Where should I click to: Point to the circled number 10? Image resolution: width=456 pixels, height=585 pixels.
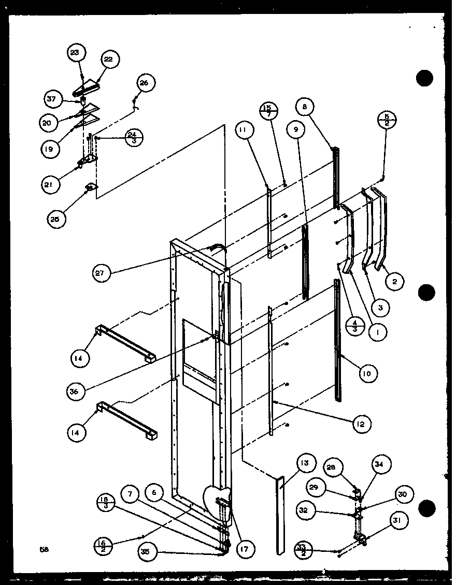(367, 373)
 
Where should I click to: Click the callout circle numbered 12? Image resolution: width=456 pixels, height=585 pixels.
(361, 425)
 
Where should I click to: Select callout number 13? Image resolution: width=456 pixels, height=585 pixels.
(306, 464)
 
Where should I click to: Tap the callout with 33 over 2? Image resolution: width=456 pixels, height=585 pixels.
(302, 546)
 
